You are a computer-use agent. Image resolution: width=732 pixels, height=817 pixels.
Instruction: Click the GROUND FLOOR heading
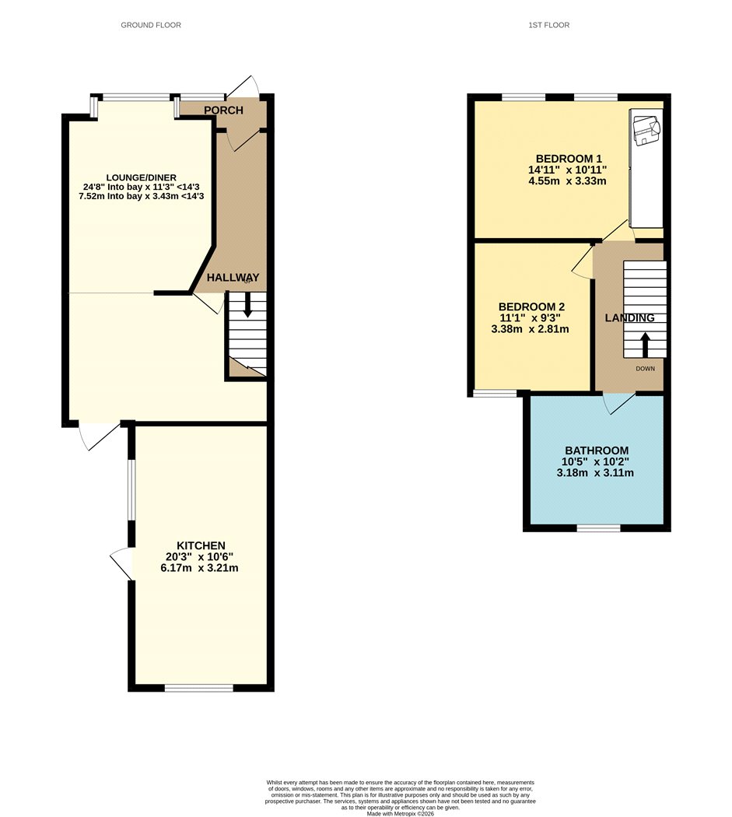point(151,25)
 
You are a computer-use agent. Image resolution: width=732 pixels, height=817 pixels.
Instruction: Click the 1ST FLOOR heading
point(548,25)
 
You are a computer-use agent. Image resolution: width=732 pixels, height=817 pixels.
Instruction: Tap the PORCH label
point(223,110)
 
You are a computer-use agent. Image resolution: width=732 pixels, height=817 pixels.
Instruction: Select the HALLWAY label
point(233,278)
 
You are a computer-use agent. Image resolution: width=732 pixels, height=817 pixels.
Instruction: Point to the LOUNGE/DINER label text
point(142,177)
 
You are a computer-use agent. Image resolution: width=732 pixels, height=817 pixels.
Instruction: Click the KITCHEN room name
point(201,546)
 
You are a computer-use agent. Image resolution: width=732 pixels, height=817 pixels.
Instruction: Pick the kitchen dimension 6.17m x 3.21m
point(200,568)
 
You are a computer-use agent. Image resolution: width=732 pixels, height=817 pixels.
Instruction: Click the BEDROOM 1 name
point(569,159)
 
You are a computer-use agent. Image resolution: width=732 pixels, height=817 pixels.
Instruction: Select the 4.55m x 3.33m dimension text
point(567,181)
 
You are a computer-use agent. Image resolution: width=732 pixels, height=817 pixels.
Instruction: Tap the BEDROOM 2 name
point(531,307)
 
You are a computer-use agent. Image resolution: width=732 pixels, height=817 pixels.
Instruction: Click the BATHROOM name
point(597,451)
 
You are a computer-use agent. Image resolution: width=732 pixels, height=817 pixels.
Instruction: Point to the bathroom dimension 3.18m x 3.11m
point(595,473)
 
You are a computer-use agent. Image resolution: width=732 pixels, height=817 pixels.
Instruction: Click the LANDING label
point(629,317)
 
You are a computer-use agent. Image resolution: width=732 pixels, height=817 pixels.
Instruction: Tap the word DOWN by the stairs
point(645,369)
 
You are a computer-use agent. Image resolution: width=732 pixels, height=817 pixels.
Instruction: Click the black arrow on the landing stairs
point(645,345)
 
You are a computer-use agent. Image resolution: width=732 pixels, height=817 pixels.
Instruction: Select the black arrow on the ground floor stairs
point(247,305)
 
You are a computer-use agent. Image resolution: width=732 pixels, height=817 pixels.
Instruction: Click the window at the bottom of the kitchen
point(198,689)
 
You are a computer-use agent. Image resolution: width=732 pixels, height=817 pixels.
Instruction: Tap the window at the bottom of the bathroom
point(599,528)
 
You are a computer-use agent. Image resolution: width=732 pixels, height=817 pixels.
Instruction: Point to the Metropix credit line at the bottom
point(400,813)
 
